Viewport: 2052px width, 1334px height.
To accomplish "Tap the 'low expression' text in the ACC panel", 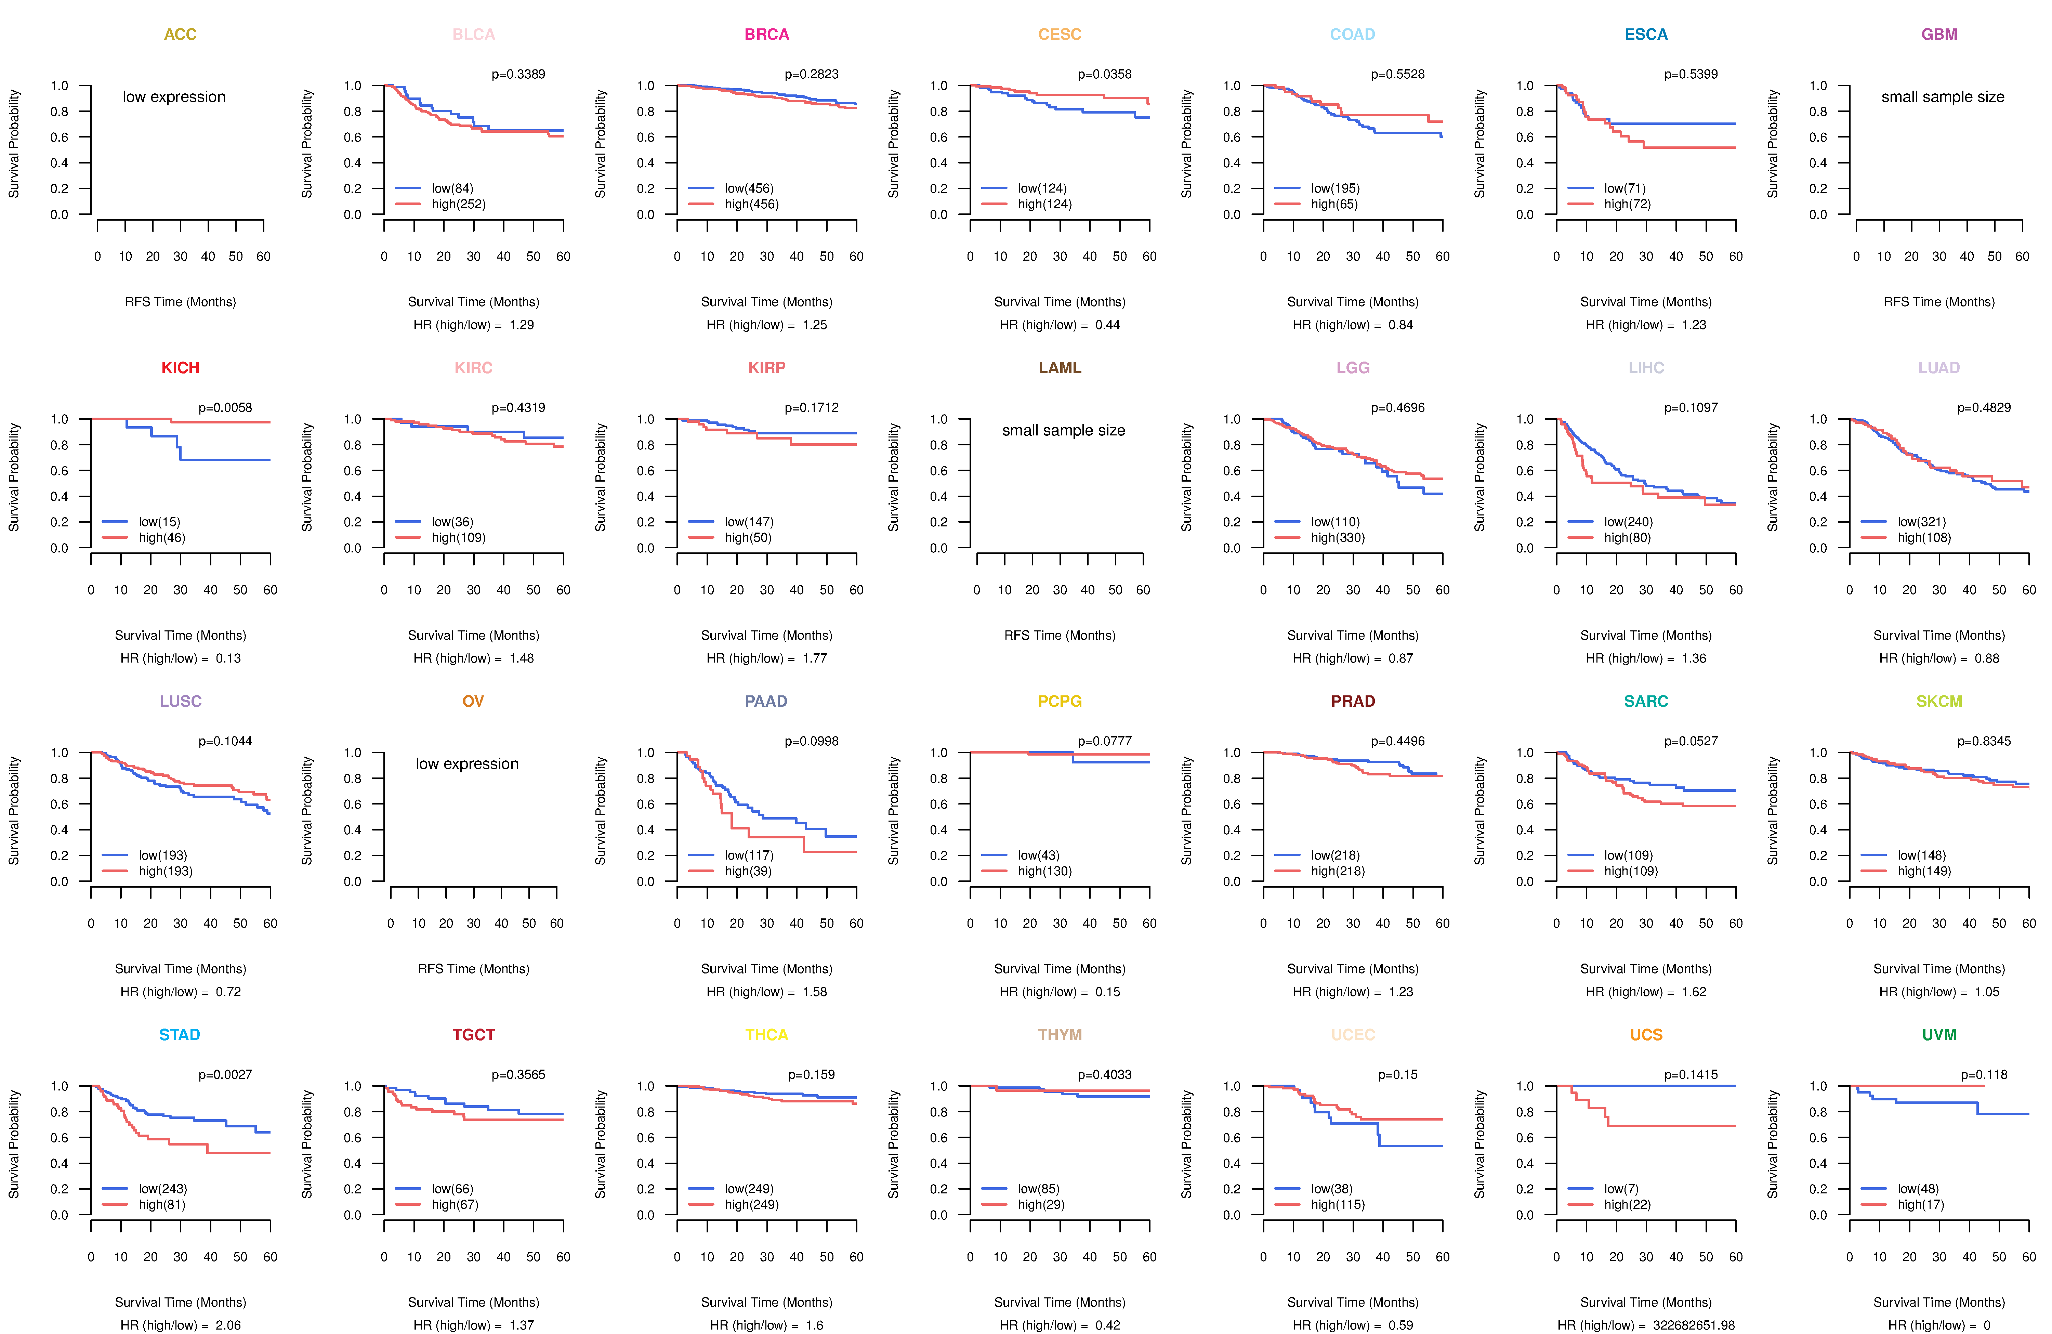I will click(x=174, y=96).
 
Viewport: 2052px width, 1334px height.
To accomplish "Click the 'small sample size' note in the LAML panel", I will click(x=1063, y=430).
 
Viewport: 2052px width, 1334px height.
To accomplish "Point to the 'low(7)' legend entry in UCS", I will click(x=1621, y=1188).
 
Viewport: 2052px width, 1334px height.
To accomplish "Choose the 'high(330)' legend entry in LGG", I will click(x=1337, y=537).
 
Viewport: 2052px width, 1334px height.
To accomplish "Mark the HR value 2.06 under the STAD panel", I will click(x=228, y=1325).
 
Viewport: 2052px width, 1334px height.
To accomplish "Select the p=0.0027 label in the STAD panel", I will click(x=225, y=1074).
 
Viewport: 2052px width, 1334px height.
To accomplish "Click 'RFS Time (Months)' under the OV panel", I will click(x=473, y=968).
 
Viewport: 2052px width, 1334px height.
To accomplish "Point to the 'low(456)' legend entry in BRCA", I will click(x=748, y=188).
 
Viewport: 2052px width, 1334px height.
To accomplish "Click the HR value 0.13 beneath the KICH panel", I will click(x=228, y=658).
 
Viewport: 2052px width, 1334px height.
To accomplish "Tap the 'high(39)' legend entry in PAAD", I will click(x=748, y=871).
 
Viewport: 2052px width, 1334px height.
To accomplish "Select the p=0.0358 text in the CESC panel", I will click(x=1104, y=74).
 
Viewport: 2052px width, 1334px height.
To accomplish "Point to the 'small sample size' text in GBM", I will click(x=1943, y=96).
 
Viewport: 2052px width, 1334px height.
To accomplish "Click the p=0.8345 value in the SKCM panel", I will click(x=1984, y=741).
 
